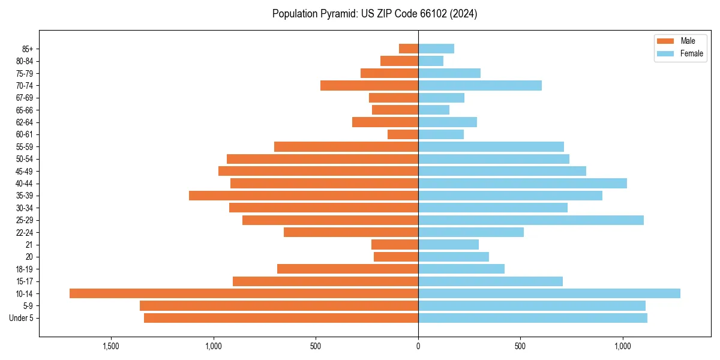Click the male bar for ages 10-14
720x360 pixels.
pyautogui.click(x=244, y=293)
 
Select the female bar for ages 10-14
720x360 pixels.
pyautogui.click(x=549, y=293)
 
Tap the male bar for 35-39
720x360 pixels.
pyautogui.click(x=304, y=196)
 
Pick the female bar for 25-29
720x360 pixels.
pyautogui.click(x=531, y=220)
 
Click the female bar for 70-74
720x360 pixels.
pyautogui.click(x=480, y=85)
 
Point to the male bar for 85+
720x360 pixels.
pyautogui.click(x=409, y=49)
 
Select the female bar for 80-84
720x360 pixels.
pyautogui.click(x=431, y=61)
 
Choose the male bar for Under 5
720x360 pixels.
pyautogui.click(x=281, y=318)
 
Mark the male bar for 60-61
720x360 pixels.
pyautogui.click(x=403, y=134)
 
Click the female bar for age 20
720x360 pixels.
pyautogui.click(x=454, y=257)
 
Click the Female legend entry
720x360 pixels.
pyautogui.click(x=680, y=53)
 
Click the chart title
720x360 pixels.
pyautogui.click(x=374, y=14)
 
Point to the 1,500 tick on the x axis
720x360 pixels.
pyautogui.click(x=111, y=346)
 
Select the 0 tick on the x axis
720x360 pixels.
pyautogui.click(x=418, y=346)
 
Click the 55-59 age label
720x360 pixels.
pyautogui.click(x=24, y=147)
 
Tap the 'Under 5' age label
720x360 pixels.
pyautogui.click(x=21, y=318)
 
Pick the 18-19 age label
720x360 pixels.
pyautogui.click(x=24, y=269)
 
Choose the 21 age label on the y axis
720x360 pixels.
pyautogui.click(x=29, y=245)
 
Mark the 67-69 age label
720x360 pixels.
pyautogui.click(x=24, y=98)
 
